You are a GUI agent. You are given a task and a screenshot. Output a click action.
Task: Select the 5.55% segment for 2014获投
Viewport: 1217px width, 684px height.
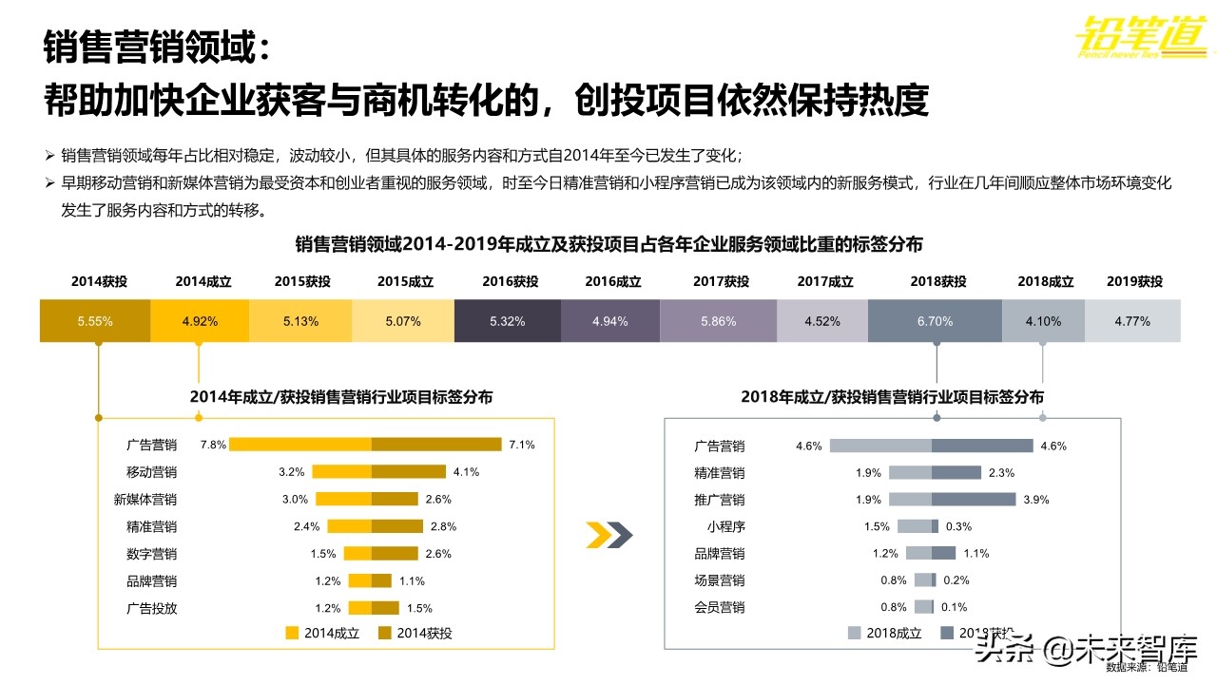click(95, 321)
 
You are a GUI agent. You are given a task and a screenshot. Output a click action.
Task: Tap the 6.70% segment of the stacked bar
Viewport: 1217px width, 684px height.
click(935, 321)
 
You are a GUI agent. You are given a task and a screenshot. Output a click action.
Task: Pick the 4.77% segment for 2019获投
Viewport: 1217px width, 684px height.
click(1132, 321)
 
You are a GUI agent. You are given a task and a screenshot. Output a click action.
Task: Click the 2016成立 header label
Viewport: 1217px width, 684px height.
click(613, 282)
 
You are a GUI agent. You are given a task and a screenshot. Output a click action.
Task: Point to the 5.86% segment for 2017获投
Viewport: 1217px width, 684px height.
click(719, 321)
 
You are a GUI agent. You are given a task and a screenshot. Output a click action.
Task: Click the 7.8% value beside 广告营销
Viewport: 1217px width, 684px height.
click(213, 445)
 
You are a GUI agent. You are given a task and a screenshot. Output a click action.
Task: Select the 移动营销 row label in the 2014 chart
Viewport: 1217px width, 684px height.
click(151, 472)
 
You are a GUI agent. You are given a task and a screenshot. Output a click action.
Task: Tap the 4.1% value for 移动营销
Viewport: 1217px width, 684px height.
click(466, 472)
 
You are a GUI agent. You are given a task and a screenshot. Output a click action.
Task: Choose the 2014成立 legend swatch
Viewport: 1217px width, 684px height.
click(292, 633)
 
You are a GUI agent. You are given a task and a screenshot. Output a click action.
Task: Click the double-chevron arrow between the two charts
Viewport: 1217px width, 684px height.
click(609, 536)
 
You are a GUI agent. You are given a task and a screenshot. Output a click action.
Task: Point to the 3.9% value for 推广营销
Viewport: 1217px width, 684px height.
click(1036, 500)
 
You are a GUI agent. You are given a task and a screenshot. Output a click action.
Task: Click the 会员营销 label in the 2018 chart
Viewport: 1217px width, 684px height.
click(720, 607)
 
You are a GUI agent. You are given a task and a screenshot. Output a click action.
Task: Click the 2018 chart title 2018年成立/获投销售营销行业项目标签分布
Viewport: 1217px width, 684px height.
click(892, 397)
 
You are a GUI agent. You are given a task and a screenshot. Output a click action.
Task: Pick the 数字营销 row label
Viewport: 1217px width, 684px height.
click(151, 554)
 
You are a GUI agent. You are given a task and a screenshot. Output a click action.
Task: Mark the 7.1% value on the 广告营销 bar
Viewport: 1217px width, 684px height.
click(522, 445)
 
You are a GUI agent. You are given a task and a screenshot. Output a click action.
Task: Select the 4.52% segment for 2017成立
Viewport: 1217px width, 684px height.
click(822, 321)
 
